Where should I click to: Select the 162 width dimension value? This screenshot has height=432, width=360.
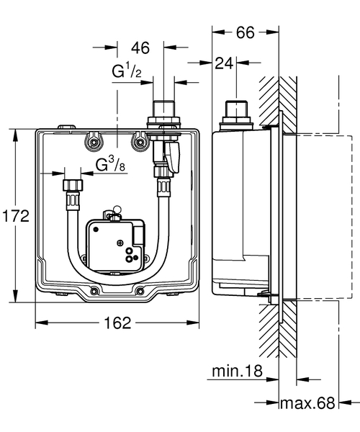click(x=116, y=323)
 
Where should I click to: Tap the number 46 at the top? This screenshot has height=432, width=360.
click(x=140, y=48)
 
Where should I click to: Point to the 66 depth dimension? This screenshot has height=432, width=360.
click(x=246, y=32)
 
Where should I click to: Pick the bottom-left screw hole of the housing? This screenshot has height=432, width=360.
click(x=94, y=292)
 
